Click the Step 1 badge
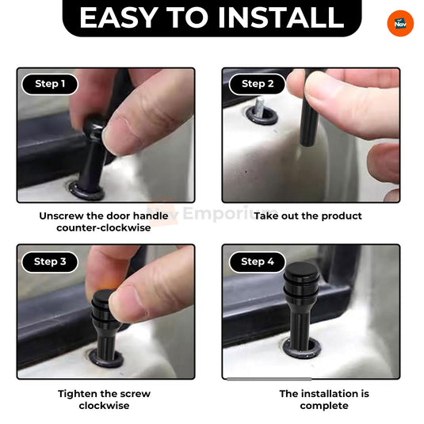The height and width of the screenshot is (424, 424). pyautogui.click(x=50, y=84)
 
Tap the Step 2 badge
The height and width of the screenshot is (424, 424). pyautogui.click(x=258, y=84)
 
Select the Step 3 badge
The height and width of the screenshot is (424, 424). pyautogui.click(x=50, y=261)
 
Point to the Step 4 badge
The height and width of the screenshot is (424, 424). pyautogui.click(x=258, y=261)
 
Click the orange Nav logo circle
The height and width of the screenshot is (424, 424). pyautogui.click(x=400, y=23)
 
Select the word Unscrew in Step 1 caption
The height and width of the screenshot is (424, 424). pyautogui.click(x=64, y=216)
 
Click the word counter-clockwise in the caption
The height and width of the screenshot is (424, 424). pyautogui.click(x=104, y=227)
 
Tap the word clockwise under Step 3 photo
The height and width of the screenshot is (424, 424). pyautogui.click(x=104, y=405)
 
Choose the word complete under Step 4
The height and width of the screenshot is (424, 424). pyautogui.click(x=323, y=405)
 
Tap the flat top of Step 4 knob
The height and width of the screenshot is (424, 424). pyautogui.click(x=302, y=272)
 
